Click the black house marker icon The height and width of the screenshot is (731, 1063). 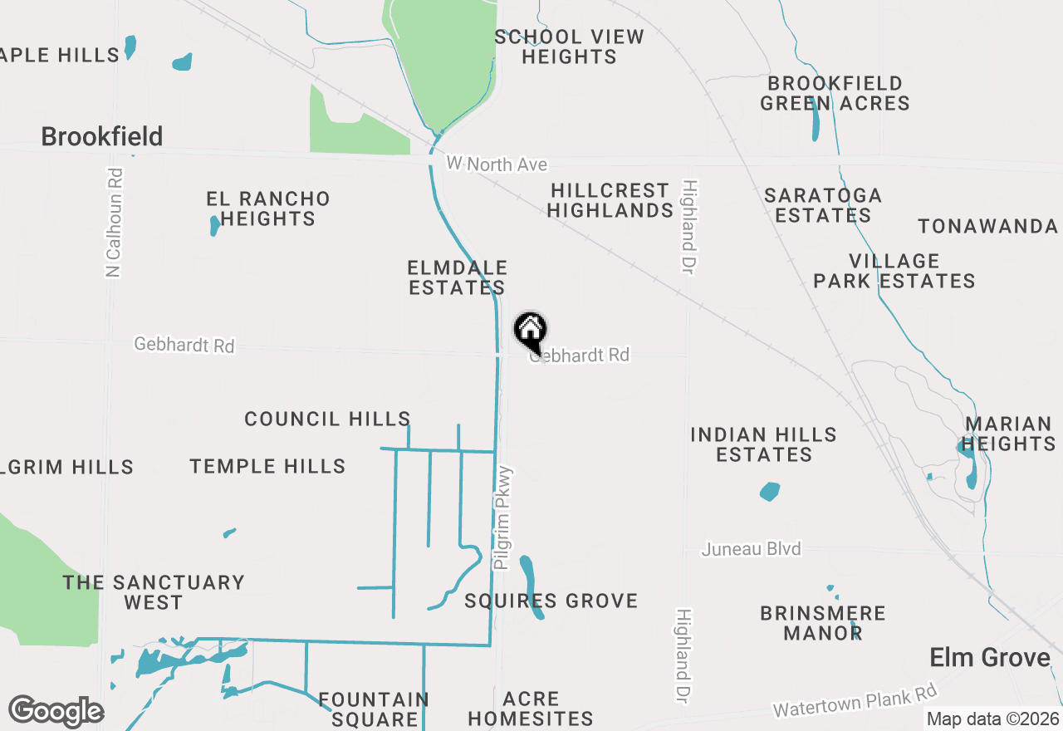[x=530, y=331]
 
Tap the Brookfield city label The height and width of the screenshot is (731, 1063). [x=102, y=136]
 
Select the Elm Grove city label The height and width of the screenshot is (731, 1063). [x=990, y=658]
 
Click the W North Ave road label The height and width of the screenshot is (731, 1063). [x=497, y=164]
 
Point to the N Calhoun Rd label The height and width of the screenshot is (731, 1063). [x=115, y=223]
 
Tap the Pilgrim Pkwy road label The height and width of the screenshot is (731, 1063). [x=504, y=517]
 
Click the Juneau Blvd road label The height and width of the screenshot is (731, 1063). [x=751, y=549]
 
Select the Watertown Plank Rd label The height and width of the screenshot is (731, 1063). [x=855, y=700]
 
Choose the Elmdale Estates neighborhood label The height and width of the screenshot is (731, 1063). [x=457, y=277]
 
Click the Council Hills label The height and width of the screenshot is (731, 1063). [x=327, y=419]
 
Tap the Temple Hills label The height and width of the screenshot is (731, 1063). [x=267, y=466]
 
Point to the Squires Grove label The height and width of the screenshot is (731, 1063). [x=551, y=601]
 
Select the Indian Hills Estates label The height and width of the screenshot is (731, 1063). [x=764, y=444]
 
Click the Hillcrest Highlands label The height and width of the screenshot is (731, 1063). [x=610, y=200]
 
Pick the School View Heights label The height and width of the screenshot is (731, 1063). [x=569, y=47]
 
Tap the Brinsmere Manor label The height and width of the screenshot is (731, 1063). [x=823, y=623]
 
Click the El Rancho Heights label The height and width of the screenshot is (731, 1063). [x=268, y=209]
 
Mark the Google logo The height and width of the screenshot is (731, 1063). [x=56, y=711]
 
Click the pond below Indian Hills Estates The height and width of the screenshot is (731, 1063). [x=770, y=492]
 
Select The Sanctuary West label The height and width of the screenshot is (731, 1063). [x=154, y=592]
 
